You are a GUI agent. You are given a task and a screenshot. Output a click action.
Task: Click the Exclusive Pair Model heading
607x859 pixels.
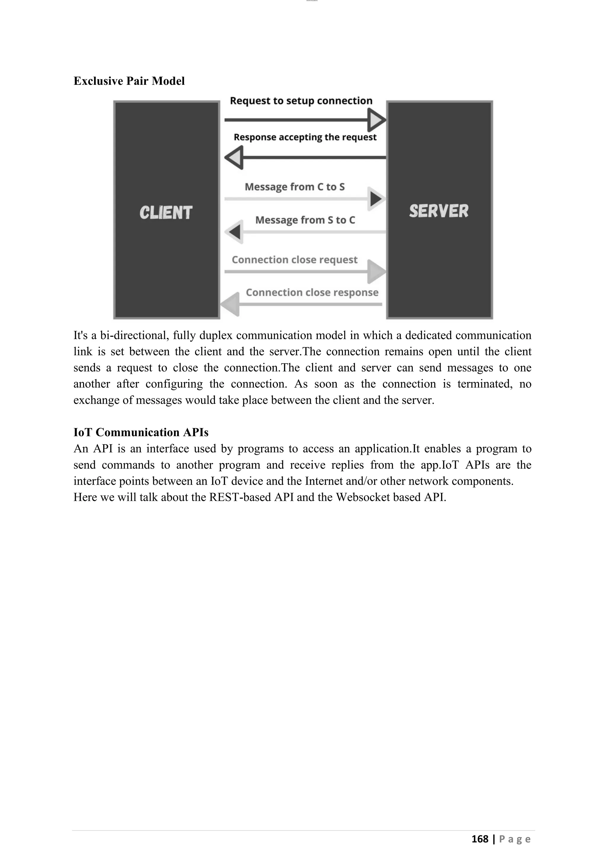pos(129,81)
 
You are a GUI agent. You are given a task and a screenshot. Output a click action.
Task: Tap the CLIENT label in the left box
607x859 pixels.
pos(166,212)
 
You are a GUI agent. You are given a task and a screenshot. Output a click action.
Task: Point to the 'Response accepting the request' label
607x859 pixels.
pos(305,137)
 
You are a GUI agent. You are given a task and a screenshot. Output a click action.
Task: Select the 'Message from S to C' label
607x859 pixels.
pos(305,220)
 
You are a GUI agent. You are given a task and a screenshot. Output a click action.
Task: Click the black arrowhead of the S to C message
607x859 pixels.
pos(235,232)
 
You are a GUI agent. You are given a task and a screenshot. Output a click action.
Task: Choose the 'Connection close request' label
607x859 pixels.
pos(295,260)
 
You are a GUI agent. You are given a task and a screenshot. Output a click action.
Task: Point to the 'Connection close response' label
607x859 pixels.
pos(312,292)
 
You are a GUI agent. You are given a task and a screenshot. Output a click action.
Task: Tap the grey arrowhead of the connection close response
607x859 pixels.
pos(231,304)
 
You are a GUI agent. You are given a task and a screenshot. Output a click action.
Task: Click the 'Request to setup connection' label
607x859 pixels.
pos(301,101)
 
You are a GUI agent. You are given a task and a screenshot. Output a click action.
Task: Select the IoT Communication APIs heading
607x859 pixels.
pos(141,432)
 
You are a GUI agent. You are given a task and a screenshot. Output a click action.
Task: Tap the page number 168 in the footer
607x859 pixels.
pos(480,839)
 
